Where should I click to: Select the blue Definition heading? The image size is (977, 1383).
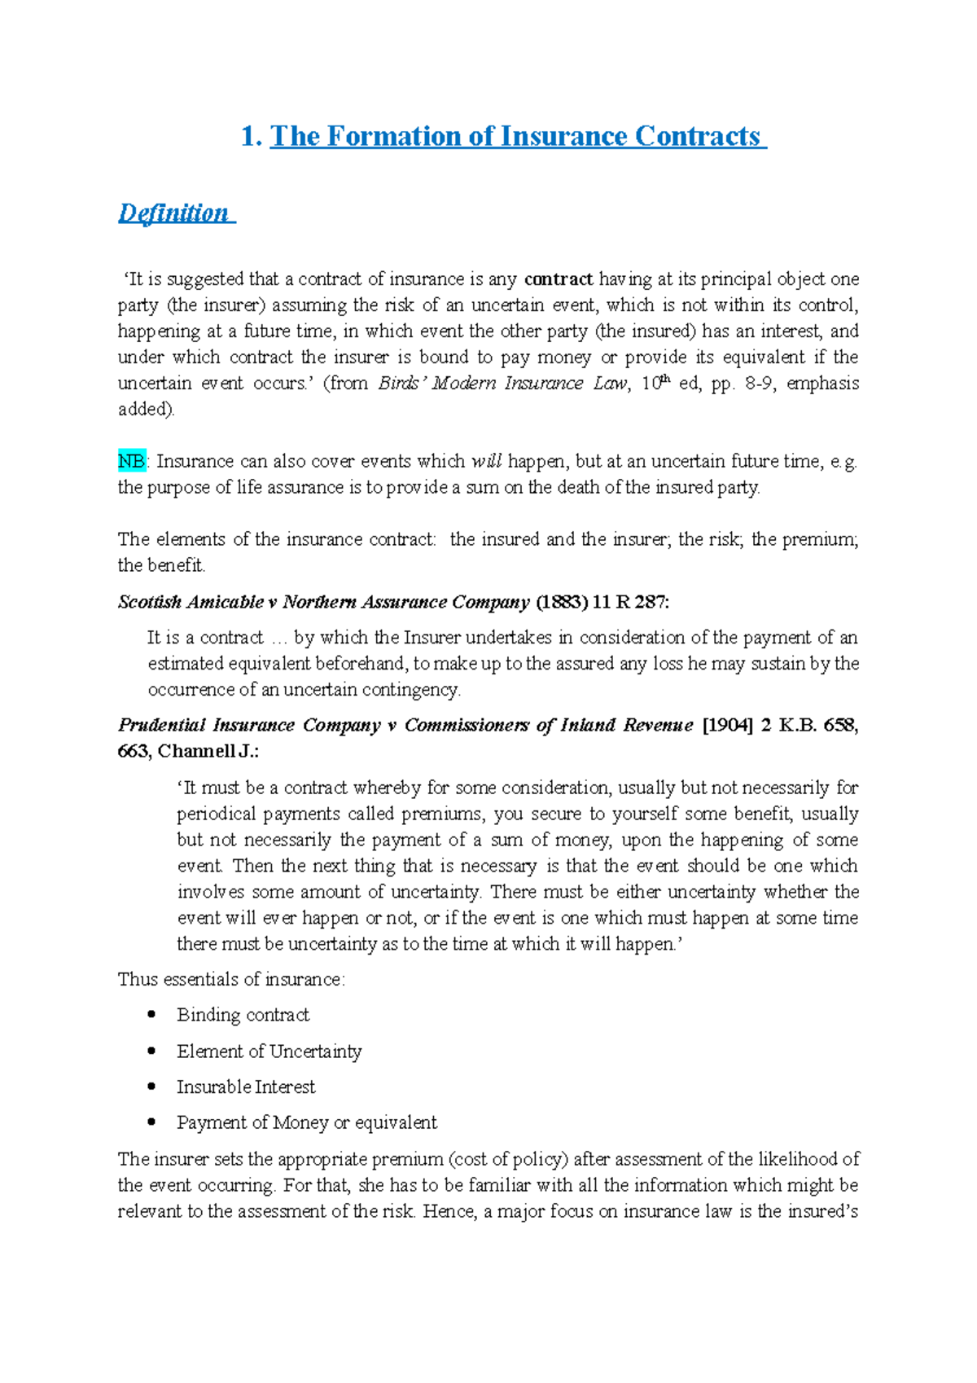(173, 213)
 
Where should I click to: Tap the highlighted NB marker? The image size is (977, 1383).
(131, 462)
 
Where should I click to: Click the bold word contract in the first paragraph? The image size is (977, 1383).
(559, 279)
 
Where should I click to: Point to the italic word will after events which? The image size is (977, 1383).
(487, 462)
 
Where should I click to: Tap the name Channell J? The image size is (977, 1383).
(207, 752)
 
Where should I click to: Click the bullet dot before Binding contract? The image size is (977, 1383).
(151, 1015)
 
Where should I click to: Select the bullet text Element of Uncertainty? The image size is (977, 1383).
(269, 1052)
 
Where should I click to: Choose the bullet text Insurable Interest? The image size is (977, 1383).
(246, 1087)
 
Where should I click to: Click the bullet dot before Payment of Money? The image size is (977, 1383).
(151, 1122)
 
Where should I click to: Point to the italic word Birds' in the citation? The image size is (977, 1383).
(402, 384)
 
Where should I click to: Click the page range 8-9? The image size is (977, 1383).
(758, 384)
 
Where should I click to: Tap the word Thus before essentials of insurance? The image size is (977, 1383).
(138, 980)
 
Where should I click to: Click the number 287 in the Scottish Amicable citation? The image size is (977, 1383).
(650, 603)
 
